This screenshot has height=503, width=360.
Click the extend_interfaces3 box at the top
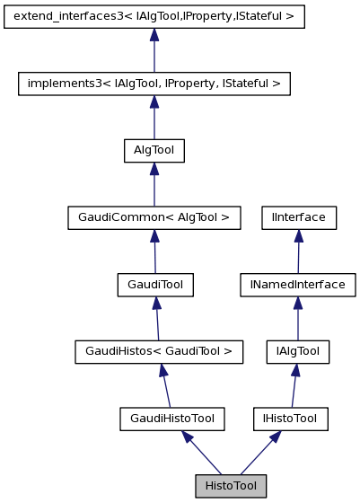pos(154,17)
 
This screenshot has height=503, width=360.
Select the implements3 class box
pos(154,84)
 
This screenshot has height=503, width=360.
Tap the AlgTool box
pos(154,150)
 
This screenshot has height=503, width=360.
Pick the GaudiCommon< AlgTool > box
pos(154,216)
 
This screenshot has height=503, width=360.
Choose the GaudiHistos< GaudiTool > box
pos(159,351)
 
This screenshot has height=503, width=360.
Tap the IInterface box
pos(299,216)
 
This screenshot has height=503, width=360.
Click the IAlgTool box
pos(297,351)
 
